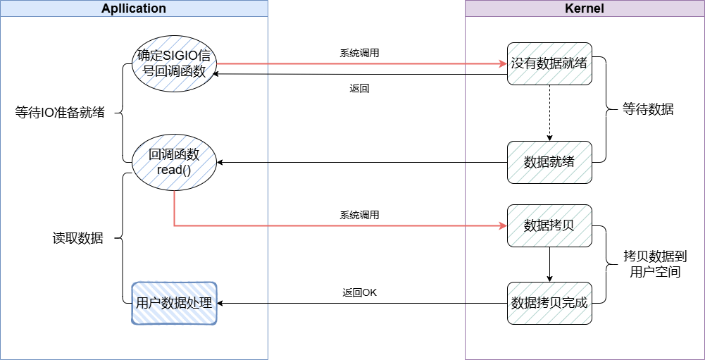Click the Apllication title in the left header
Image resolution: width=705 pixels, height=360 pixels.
pyautogui.click(x=134, y=8)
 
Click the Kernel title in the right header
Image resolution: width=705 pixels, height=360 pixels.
pyautogui.click(x=585, y=8)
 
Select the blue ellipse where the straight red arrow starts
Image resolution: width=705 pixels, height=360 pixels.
pyautogui.click(x=174, y=63)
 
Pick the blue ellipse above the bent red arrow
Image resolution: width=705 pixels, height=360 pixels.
pyautogui.click(x=174, y=162)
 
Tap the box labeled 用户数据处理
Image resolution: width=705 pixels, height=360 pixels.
pyautogui.click(x=174, y=304)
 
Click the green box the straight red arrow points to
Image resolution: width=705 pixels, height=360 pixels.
pyautogui.click(x=549, y=63)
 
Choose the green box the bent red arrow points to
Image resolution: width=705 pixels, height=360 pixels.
pyautogui.click(x=549, y=225)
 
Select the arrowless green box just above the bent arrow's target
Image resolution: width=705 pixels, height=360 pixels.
pyautogui.click(x=549, y=162)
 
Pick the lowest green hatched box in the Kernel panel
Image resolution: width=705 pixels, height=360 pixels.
pyautogui.click(x=549, y=304)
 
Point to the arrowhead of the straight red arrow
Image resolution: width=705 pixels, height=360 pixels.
pyautogui.click(x=503, y=63)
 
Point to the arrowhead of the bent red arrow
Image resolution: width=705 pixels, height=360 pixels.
pyautogui.click(x=503, y=225)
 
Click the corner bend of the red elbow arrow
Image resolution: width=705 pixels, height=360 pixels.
pyautogui.click(x=174, y=225)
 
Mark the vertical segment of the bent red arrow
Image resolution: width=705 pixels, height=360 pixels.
pyautogui.click(x=174, y=208)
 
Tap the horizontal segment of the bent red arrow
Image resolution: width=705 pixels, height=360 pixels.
pyautogui.click(x=338, y=225)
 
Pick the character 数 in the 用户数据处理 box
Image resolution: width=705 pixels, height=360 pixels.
pyautogui.click(x=167, y=304)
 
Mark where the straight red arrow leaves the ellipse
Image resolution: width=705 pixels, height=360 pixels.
pyautogui.click(x=217, y=63)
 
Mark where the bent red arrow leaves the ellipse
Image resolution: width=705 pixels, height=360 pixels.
pyautogui.click(x=174, y=191)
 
